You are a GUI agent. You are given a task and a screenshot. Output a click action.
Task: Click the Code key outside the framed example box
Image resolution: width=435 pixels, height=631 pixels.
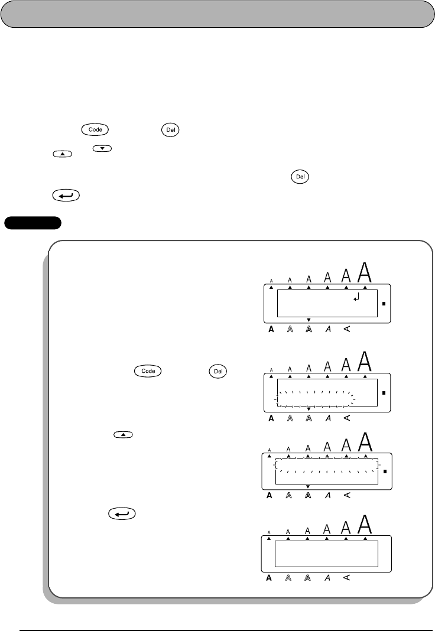(85, 128)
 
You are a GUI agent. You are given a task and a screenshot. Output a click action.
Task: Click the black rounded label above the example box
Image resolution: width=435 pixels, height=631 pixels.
(33, 223)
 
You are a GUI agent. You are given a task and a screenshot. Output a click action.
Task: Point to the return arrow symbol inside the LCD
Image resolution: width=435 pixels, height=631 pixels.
(355, 300)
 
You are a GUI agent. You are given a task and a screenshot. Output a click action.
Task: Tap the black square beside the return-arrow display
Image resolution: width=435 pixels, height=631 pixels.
(384, 304)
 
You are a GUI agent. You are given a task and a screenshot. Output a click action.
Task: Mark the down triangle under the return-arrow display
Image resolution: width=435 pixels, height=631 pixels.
(309, 320)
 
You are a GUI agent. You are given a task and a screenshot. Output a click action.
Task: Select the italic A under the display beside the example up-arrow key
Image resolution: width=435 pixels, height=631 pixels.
(328, 495)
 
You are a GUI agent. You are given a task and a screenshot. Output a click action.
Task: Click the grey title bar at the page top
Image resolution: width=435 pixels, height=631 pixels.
(218, 14)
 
